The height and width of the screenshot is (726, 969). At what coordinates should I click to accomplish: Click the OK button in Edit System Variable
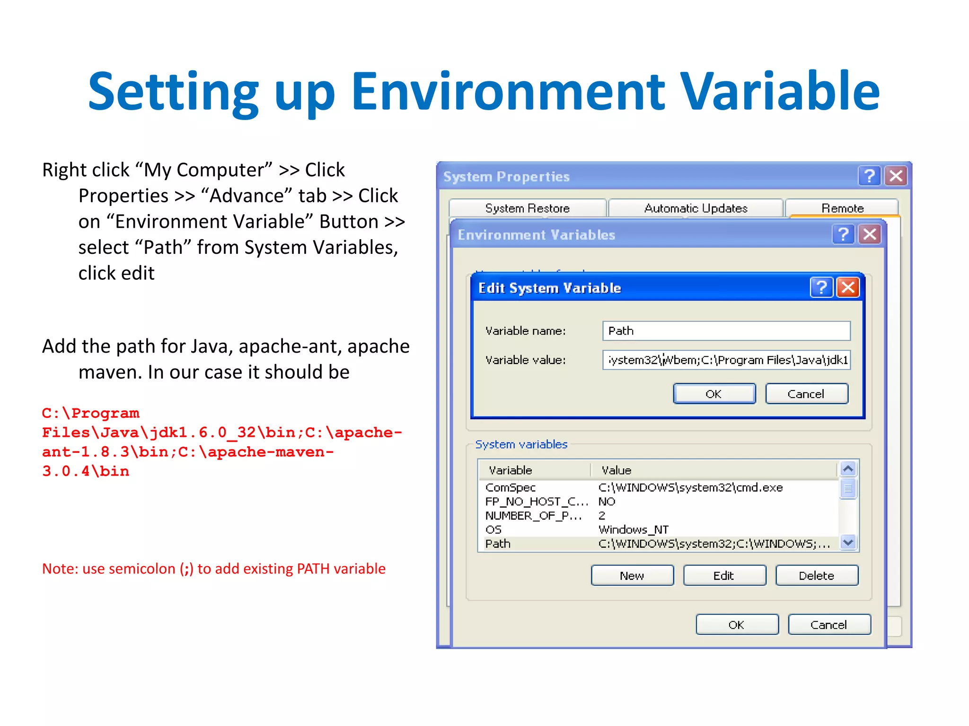[x=714, y=394]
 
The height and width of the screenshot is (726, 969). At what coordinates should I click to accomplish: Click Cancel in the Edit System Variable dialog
[x=806, y=394]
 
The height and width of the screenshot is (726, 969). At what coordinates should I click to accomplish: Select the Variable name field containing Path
[x=726, y=331]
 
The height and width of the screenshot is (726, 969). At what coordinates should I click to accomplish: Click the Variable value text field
[x=726, y=360]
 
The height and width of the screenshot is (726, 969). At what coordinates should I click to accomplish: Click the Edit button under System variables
[x=724, y=575]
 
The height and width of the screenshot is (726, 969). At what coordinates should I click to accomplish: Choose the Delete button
[x=816, y=575]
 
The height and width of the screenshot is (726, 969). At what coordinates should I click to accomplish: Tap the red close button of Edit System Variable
[x=848, y=287]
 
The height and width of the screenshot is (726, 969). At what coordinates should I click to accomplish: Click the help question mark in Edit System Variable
[x=821, y=287]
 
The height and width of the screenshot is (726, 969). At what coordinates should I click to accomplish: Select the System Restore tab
[x=527, y=208]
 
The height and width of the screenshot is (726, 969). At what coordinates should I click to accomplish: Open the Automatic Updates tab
[x=696, y=208]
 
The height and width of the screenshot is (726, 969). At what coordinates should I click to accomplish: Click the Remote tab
[x=842, y=208]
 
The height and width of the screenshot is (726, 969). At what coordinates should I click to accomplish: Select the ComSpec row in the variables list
[x=511, y=487]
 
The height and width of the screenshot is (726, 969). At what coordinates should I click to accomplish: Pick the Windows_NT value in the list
[x=633, y=529]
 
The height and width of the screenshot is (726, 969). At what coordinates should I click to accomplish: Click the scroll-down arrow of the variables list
[x=848, y=543]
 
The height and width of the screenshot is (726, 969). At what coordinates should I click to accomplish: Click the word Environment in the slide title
[x=508, y=91]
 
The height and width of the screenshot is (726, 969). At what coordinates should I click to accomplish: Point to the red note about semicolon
[x=214, y=569]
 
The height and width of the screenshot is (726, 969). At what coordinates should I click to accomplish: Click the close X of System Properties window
[x=896, y=176]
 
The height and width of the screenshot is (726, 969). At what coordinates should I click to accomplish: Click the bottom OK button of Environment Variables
[x=737, y=624]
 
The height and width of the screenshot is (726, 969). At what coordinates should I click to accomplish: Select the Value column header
[x=616, y=470]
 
